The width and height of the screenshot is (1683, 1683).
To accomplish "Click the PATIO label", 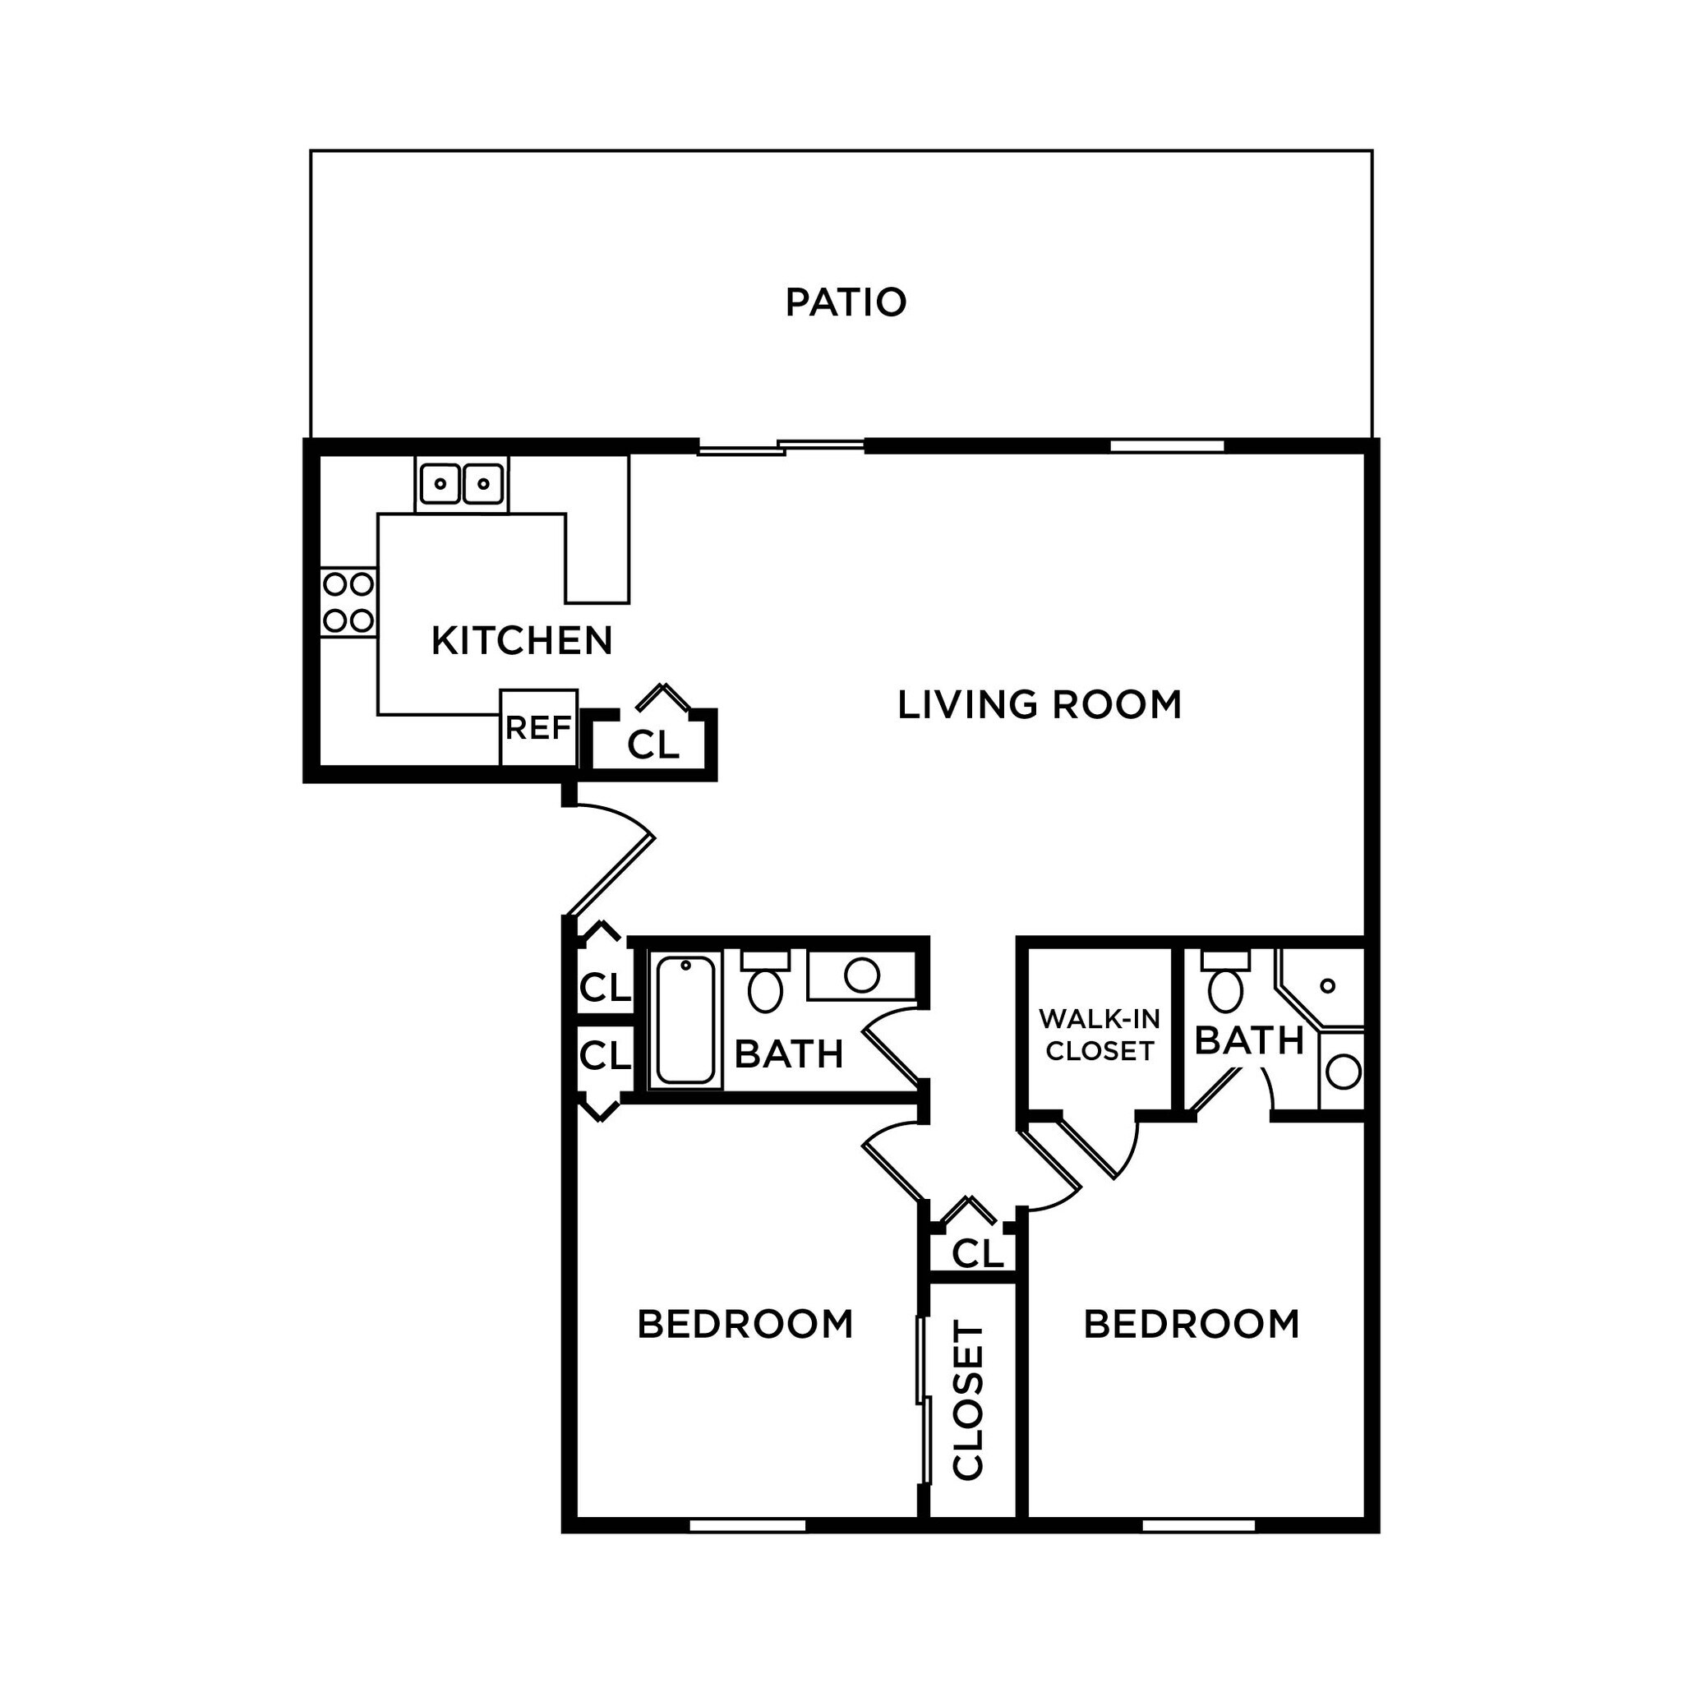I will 846,302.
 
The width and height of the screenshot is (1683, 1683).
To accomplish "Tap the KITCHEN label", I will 522,641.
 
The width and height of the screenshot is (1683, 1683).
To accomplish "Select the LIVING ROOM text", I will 1040,705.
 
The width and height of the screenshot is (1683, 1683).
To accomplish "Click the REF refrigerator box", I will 538,727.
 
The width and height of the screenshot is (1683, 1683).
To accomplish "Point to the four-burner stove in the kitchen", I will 348,602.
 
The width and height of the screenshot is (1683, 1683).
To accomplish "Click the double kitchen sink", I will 462,483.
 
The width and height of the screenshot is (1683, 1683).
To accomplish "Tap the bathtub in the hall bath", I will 685,1019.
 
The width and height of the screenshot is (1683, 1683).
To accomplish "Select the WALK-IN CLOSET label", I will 1100,1035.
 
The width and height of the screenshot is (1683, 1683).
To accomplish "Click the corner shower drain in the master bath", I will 1328,986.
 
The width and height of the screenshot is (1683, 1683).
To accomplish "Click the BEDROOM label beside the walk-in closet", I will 1192,1324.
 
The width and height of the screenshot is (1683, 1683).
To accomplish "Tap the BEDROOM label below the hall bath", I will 745,1324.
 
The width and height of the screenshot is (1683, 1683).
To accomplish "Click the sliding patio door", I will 781,447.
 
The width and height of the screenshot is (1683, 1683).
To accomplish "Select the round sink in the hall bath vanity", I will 861,975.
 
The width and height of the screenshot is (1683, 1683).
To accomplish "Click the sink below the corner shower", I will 1343,1072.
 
